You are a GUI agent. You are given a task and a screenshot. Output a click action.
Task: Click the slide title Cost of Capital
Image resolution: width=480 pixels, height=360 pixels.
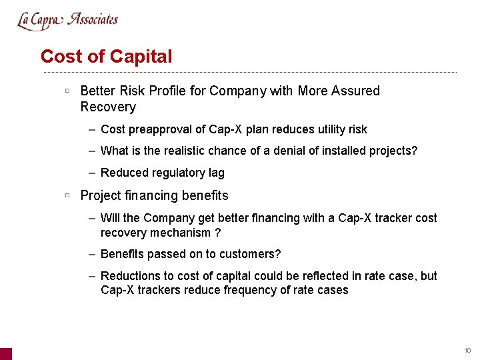point(106,57)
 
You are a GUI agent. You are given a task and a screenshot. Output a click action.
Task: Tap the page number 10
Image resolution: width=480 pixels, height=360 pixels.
point(467,351)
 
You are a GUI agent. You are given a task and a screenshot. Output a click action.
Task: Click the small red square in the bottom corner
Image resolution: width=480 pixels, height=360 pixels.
point(5,353)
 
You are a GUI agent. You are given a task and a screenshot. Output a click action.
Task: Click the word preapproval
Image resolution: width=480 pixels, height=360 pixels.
point(161,129)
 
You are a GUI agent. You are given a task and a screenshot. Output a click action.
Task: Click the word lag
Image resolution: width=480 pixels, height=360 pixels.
point(216,173)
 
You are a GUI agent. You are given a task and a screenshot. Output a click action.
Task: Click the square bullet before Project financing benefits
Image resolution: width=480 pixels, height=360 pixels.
point(67,195)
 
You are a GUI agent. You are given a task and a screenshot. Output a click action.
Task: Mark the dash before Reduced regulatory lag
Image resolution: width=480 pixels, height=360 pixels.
point(91,173)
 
